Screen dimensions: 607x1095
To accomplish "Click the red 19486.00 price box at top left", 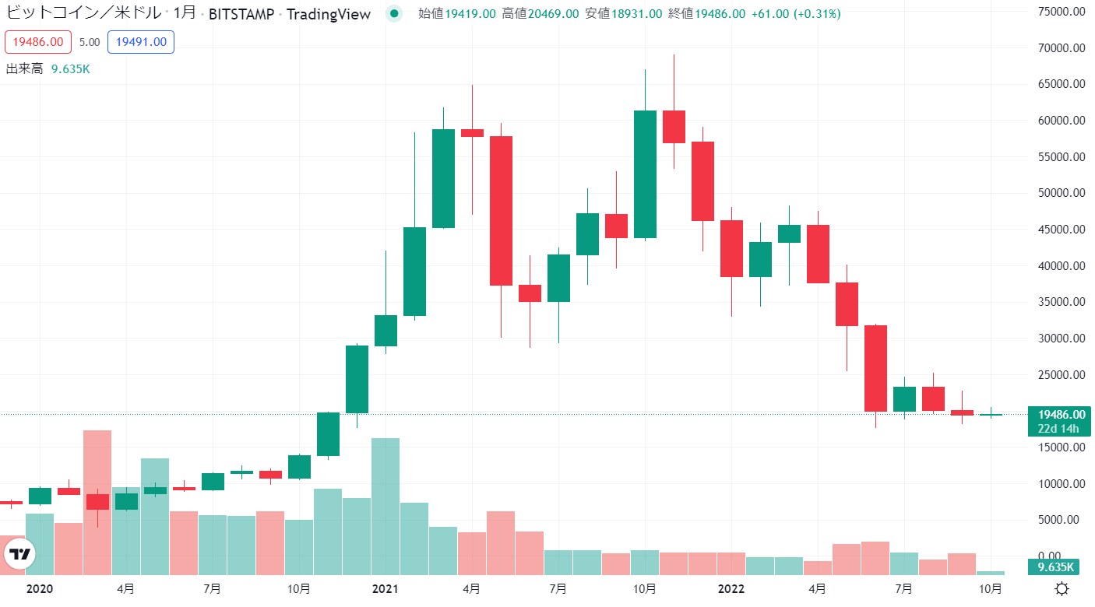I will pyautogui.click(x=38, y=42).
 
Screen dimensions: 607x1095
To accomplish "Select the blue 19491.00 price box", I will pyautogui.click(x=141, y=42).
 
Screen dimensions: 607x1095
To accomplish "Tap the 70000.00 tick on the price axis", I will pyautogui.click(x=1060, y=48).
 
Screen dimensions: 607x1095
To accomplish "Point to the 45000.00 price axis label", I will pyautogui.click(x=1060, y=230).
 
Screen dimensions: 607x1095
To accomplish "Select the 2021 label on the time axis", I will pyautogui.click(x=385, y=589).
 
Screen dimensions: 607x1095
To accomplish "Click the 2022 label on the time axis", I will pyautogui.click(x=731, y=589).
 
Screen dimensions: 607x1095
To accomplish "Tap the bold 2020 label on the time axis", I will pyautogui.click(x=39, y=589).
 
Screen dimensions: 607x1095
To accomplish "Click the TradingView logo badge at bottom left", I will pyautogui.click(x=21, y=554).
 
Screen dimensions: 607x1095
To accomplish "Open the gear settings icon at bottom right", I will pyautogui.click(x=1061, y=588).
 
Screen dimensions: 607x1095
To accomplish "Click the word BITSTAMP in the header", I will pyautogui.click(x=241, y=13).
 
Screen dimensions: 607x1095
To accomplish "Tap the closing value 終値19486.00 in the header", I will pyautogui.click(x=706, y=13).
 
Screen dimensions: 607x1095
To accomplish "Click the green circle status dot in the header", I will pyautogui.click(x=395, y=13).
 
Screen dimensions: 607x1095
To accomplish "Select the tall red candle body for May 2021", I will pyautogui.click(x=501, y=210).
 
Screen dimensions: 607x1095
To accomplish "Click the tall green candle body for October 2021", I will pyautogui.click(x=645, y=174).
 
